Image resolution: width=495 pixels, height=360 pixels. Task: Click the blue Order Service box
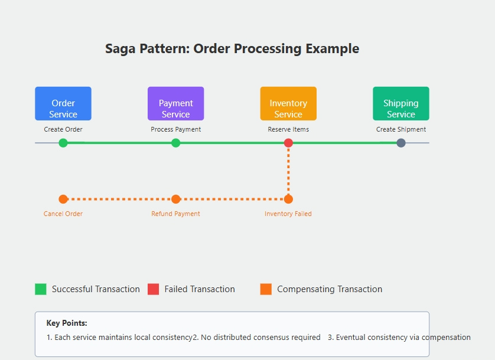coord(63,104)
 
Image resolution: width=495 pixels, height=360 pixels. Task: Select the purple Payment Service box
coord(175,104)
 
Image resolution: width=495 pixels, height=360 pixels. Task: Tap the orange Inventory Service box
coord(288,104)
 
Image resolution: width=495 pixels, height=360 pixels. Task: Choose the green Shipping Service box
coord(400,104)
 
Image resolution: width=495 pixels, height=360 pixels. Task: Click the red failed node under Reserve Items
coord(288,143)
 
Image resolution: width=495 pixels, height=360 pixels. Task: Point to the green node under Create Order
coord(63,143)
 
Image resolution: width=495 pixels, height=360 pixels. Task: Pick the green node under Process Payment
coord(175,143)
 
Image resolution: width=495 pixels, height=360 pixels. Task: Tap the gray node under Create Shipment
coord(401,143)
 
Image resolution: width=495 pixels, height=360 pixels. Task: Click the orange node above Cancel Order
coord(63,199)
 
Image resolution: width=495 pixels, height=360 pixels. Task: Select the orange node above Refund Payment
coord(175,199)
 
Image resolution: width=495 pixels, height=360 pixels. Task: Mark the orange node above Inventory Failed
coord(288,199)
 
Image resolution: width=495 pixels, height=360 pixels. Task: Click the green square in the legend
coord(41,289)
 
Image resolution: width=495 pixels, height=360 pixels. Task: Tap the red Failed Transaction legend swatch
coord(154,289)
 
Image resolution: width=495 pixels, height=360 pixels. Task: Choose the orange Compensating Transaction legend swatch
coord(266,289)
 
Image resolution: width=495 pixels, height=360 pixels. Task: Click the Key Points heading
coord(67,323)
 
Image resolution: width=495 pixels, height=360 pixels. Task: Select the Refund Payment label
coord(175,214)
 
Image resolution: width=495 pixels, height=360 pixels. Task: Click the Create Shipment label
coord(401,129)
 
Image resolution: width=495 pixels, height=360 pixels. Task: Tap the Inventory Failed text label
coord(288,214)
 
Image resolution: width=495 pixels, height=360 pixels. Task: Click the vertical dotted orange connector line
coord(288,171)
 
